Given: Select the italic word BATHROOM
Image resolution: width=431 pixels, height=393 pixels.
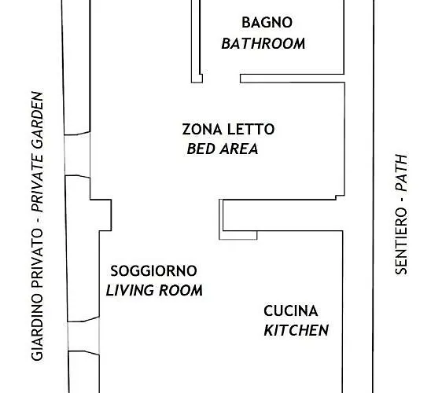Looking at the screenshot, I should (263, 43).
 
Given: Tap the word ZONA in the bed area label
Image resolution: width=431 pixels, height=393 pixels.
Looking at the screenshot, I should (200, 130).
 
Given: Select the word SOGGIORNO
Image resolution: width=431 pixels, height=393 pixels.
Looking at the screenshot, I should (153, 271).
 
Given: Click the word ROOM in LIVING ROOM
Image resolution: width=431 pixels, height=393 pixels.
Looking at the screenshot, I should (184, 291).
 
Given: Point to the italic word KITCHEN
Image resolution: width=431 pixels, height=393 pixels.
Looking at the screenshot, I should (296, 330).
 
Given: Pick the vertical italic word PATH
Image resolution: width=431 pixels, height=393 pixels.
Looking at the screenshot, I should (402, 172).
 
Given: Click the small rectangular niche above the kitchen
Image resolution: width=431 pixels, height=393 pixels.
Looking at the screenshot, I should (236, 219).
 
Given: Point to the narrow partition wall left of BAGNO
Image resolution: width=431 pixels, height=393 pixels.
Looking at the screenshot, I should (193, 39).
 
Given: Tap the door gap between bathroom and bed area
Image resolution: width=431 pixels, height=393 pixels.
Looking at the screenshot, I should (218, 79).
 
